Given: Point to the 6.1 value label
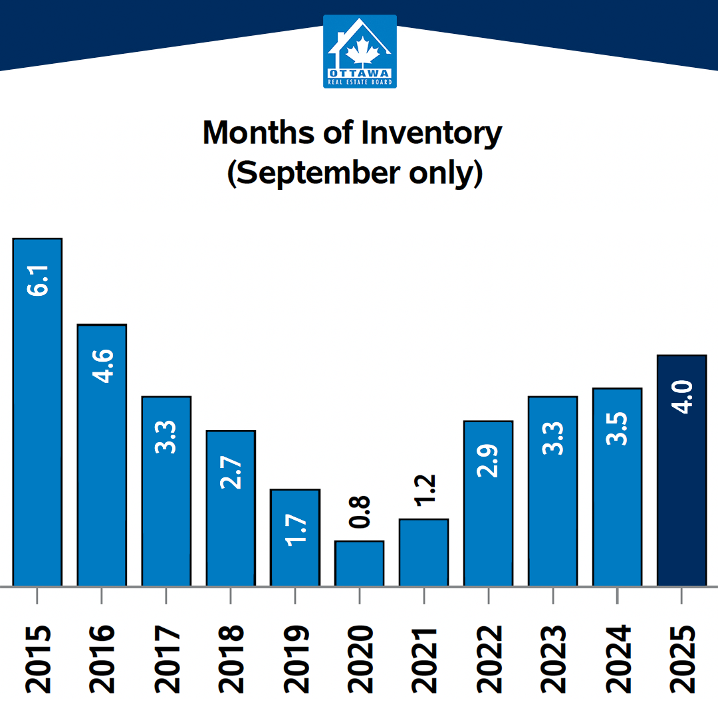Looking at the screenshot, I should (x=38, y=279).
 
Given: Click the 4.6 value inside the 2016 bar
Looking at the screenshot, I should (x=102, y=366).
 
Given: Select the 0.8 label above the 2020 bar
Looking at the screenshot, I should (x=360, y=512).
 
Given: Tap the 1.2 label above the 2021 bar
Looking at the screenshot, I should (x=424, y=490).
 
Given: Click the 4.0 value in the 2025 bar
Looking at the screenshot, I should (x=682, y=397).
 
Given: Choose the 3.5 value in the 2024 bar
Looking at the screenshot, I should (x=618, y=429).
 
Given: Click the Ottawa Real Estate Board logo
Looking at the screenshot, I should (x=360, y=51).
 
